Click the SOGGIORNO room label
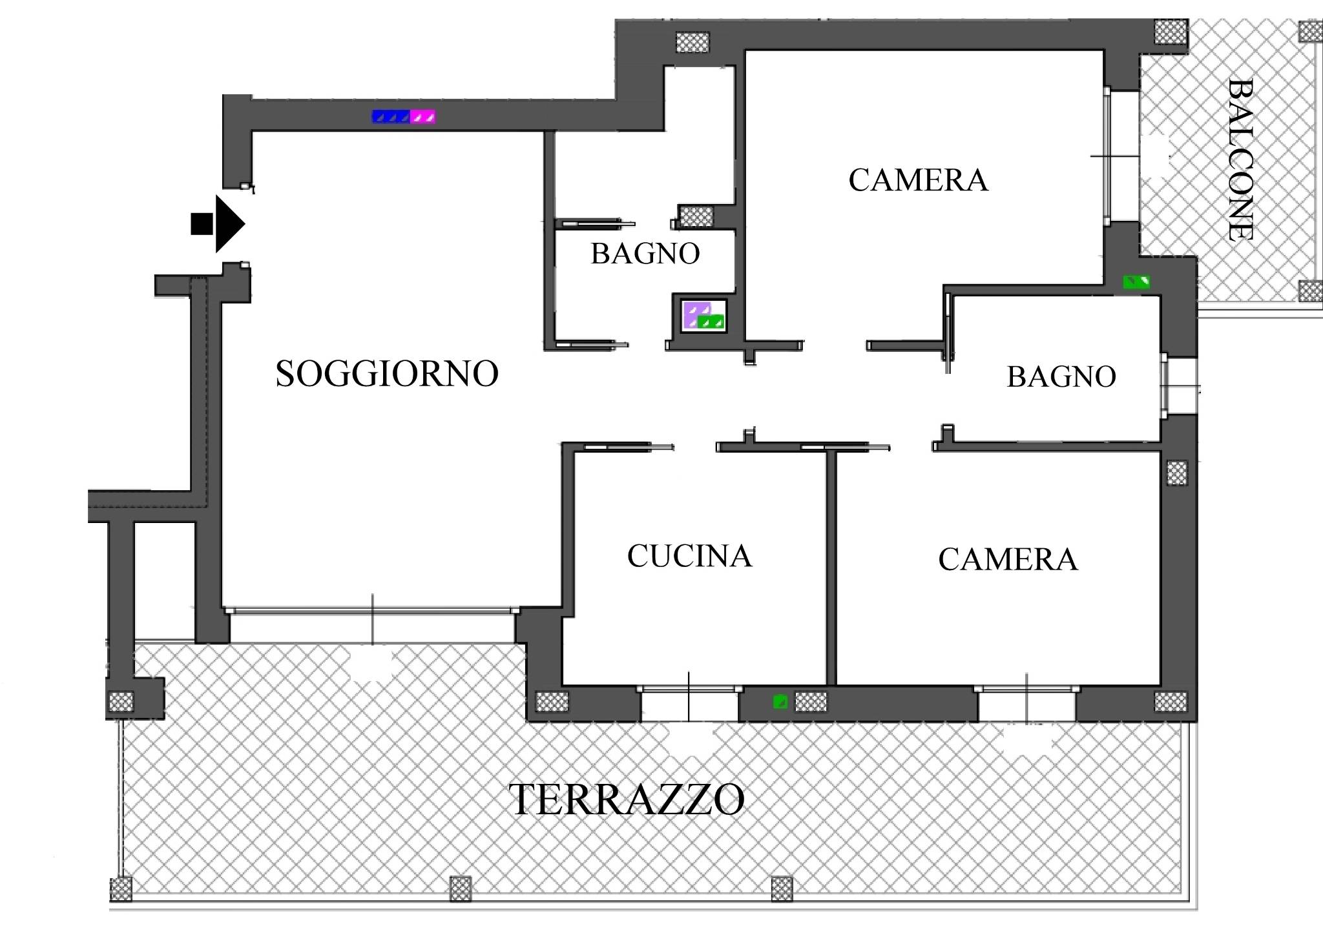click(387, 374)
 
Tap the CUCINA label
click(689, 556)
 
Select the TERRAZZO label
click(627, 799)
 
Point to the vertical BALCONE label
click(1240, 160)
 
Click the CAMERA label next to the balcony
click(918, 180)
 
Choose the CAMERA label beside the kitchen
click(1008, 559)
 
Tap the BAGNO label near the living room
click(645, 254)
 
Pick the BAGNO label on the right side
click(1061, 377)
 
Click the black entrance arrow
click(218, 224)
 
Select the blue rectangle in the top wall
click(391, 117)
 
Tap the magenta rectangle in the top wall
click(422, 117)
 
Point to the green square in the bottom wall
click(780, 701)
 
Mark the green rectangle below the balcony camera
click(1136, 282)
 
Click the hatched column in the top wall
click(693, 43)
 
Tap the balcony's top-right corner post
click(1311, 31)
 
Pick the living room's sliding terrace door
click(371, 610)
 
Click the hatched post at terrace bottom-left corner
click(121, 889)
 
